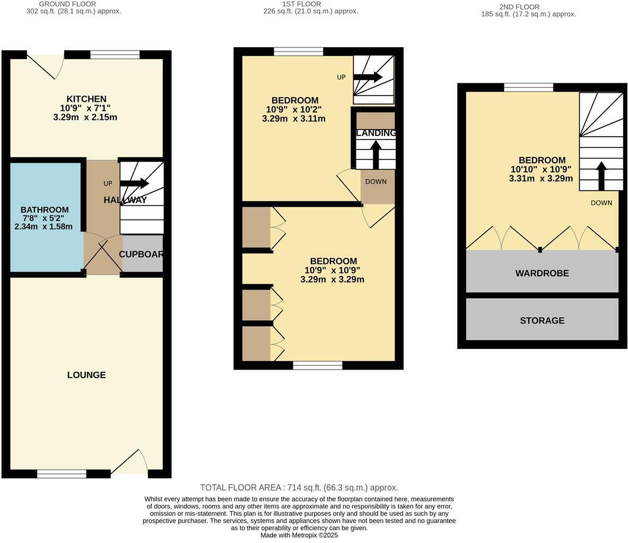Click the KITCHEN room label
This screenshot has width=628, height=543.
tap(86, 99)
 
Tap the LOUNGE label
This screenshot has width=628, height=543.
tap(86, 375)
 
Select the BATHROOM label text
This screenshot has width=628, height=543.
tap(45, 209)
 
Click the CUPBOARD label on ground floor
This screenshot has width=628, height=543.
tap(141, 254)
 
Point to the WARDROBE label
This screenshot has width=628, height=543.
tap(542, 273)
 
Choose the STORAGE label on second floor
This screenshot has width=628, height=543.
tap(542, 320)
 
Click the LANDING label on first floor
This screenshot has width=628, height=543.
tap(376, 133)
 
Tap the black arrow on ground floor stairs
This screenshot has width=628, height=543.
tap(135, 183)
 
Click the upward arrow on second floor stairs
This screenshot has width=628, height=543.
tap(601, 176)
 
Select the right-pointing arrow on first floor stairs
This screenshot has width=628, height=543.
tap(368, 77)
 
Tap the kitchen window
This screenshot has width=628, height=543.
tap(115, 55)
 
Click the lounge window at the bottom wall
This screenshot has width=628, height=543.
tap(62, 474)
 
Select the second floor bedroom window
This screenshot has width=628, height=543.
tap(528, 87)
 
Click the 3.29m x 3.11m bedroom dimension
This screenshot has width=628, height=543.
tap(294, 119)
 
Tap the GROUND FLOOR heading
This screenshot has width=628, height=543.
tap(67, 4)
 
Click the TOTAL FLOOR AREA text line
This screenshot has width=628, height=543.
tap(299, 487)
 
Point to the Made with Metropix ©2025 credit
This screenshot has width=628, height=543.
tap(299, 535)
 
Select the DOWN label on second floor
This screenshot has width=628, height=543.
tap(601, 203)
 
